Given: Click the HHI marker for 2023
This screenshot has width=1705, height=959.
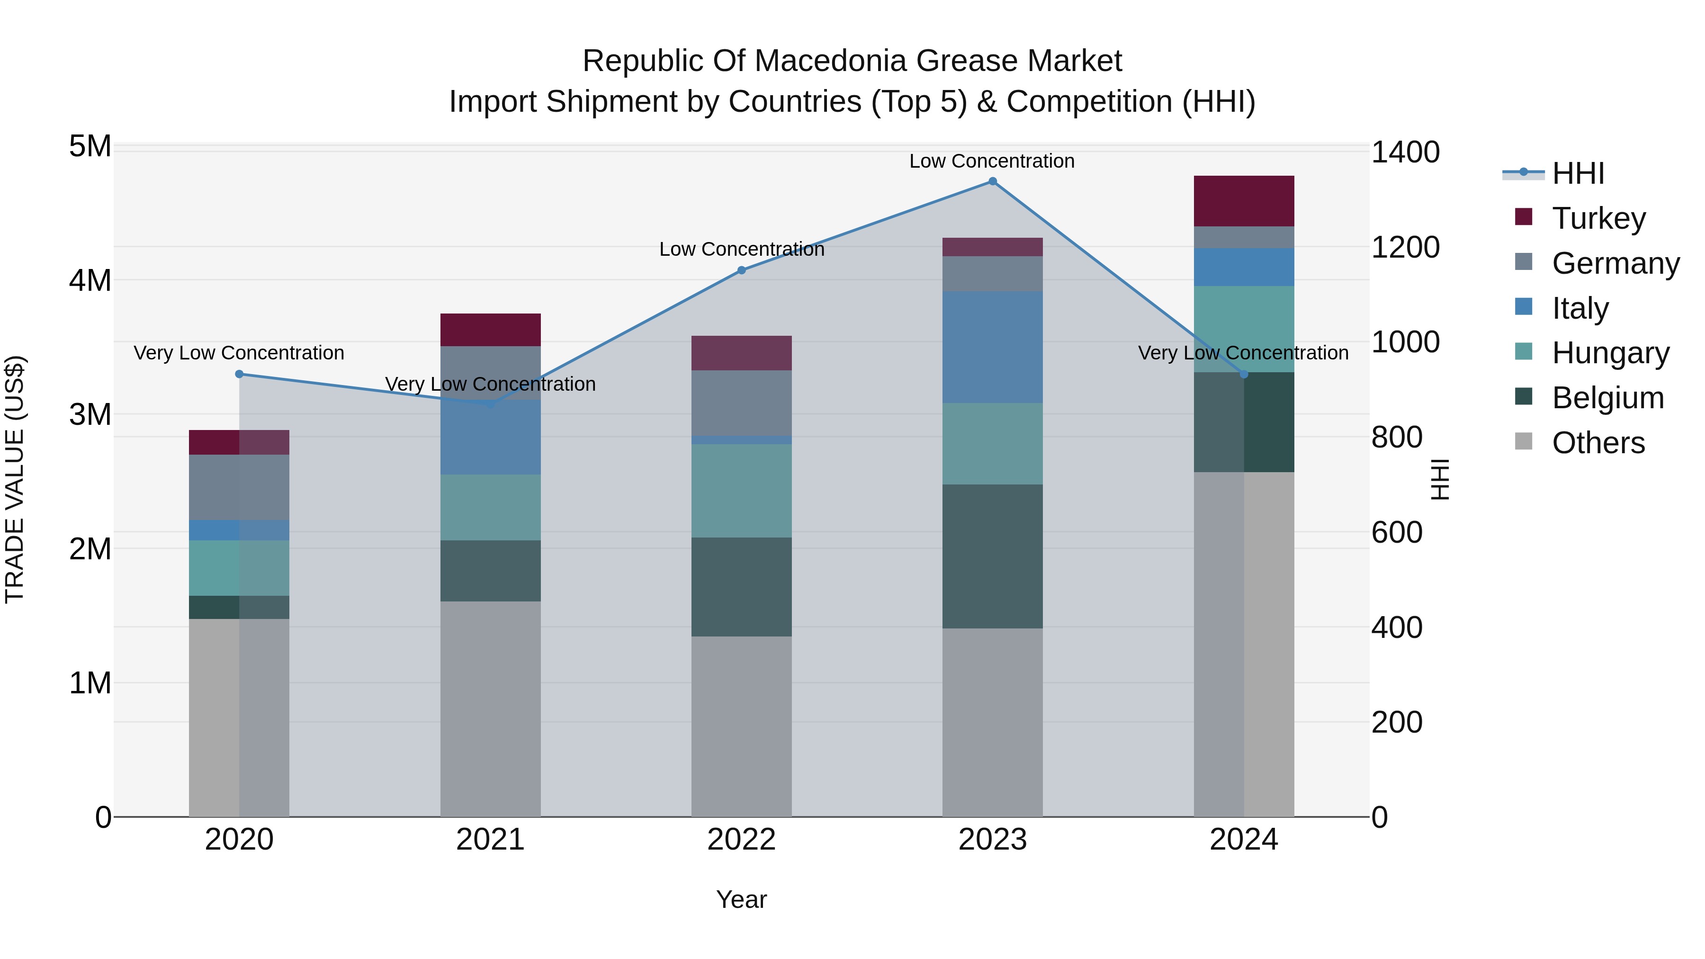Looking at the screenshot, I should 992,181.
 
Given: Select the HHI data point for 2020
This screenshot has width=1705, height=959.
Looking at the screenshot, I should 240,374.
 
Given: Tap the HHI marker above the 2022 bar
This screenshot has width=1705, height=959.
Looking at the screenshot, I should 741,270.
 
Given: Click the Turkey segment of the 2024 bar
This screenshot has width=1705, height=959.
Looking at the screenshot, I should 1244,201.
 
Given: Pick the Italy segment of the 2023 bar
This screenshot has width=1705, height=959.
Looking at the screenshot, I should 992,347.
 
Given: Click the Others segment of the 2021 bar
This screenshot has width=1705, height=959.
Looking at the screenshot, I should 491,708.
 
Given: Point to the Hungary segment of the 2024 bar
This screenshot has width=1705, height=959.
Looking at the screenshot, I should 1244,329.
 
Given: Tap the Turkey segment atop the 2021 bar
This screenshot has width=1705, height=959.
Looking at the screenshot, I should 491,330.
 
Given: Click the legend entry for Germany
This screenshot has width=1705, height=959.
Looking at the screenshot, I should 1615,263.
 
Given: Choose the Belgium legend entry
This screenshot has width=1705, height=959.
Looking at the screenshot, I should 1607,398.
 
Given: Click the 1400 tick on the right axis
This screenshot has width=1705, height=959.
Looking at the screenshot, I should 1405,152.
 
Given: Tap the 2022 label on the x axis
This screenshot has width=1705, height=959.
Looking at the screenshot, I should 741,840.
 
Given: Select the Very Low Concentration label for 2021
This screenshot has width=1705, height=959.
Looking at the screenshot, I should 491,384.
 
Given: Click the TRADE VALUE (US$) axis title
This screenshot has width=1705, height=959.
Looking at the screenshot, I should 15,479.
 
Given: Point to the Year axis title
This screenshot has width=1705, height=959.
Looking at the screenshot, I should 741,899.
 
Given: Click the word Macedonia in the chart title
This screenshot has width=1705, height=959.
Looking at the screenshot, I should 830,61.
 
